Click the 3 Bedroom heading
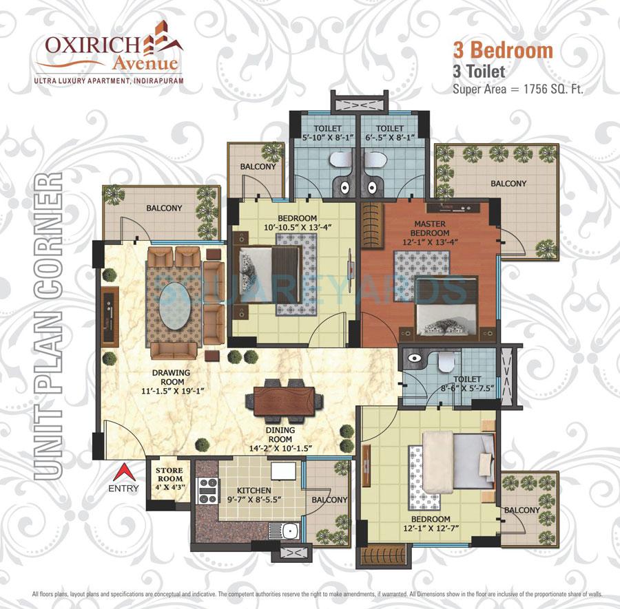point(502,50)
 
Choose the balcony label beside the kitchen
point(329,500)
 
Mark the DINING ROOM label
point(280,430)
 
